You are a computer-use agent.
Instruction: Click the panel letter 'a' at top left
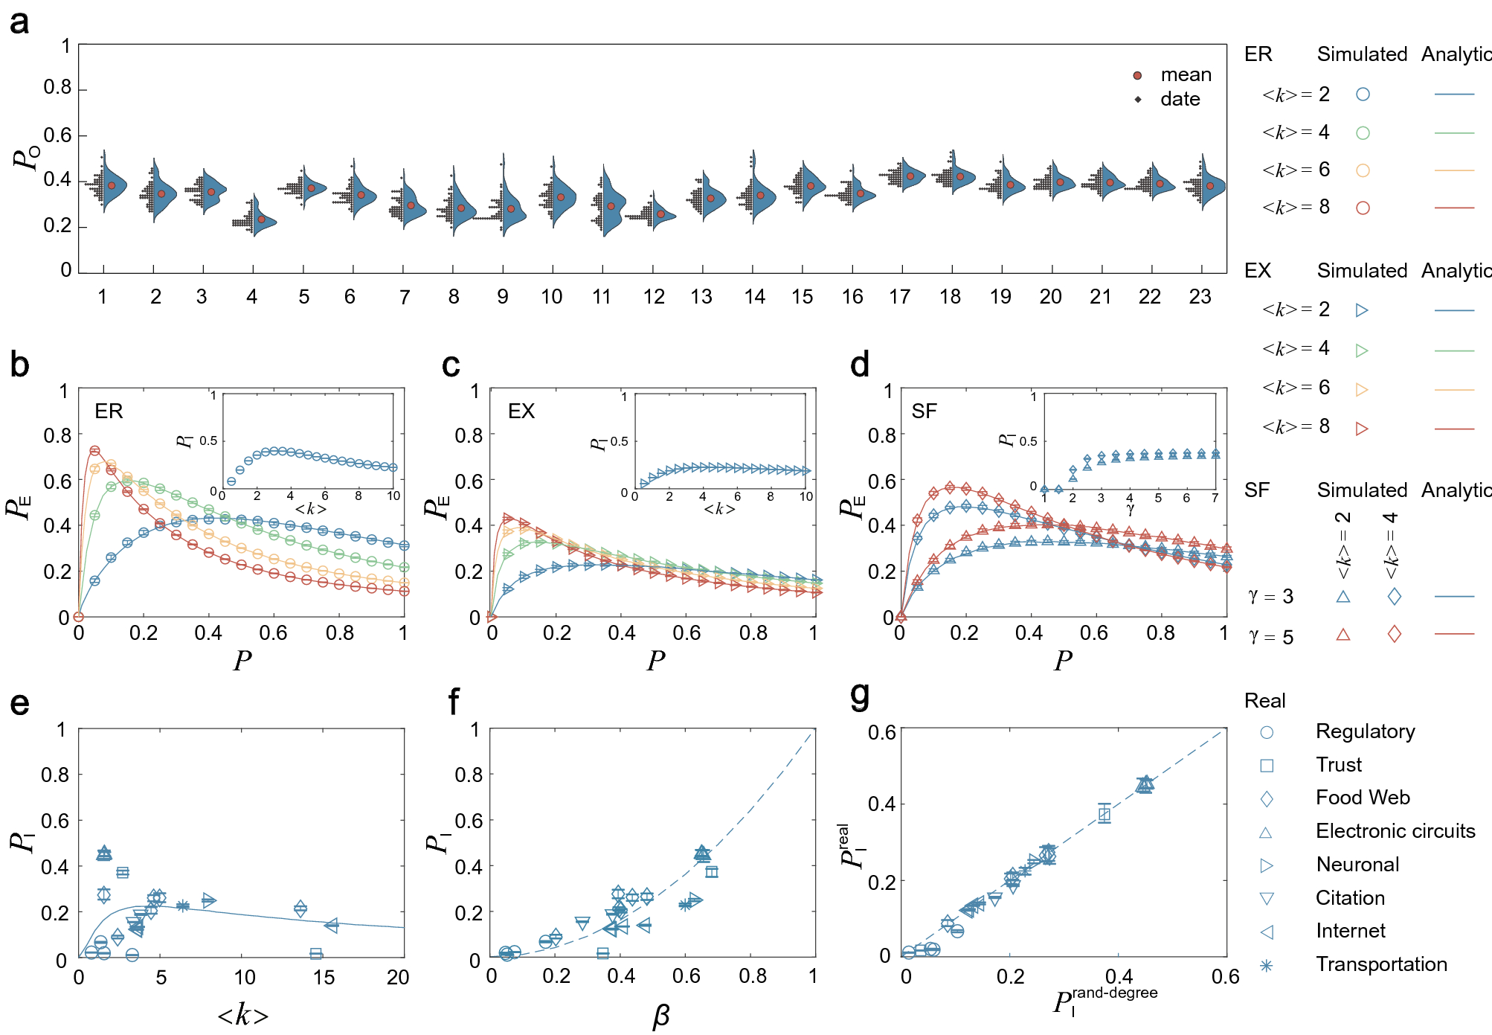click(x=19, y=22)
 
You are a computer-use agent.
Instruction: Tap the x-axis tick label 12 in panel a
click(x=654, y=297)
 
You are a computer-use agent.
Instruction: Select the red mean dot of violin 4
click(x=261, y=220)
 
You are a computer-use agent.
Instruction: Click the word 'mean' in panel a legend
click(x=1186, y=75)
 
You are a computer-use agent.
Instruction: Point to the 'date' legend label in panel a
click(x=1180, y=99)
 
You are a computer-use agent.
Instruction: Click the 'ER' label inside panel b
click(x=109, y=411)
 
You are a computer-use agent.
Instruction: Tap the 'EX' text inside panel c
click(x=521, y=411)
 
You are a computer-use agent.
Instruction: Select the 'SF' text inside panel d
click(x=924, y=411)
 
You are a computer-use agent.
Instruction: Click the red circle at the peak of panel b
click(x=94, y=450)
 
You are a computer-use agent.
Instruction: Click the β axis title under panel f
click(x=660, y=1015)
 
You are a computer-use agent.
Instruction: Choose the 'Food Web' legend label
click(x=1363, y=798)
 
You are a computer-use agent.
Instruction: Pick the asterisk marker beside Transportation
click(x=1266, y=965)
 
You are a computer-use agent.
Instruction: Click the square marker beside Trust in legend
click(x=1267, y=765)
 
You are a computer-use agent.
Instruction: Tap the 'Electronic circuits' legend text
click(x=1395, y=831)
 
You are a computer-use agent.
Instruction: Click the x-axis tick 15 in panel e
click(x=324, y=977)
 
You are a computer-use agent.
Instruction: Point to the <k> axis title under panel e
click(x=242, y=1015)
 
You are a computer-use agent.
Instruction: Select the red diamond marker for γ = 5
click(x=1394, y=634)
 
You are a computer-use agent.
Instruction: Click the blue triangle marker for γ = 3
click(x=1343, y=596)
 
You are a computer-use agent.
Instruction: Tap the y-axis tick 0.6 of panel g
click(x=881, y=733)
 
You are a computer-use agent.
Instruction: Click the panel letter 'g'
click(x=859, y=696)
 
